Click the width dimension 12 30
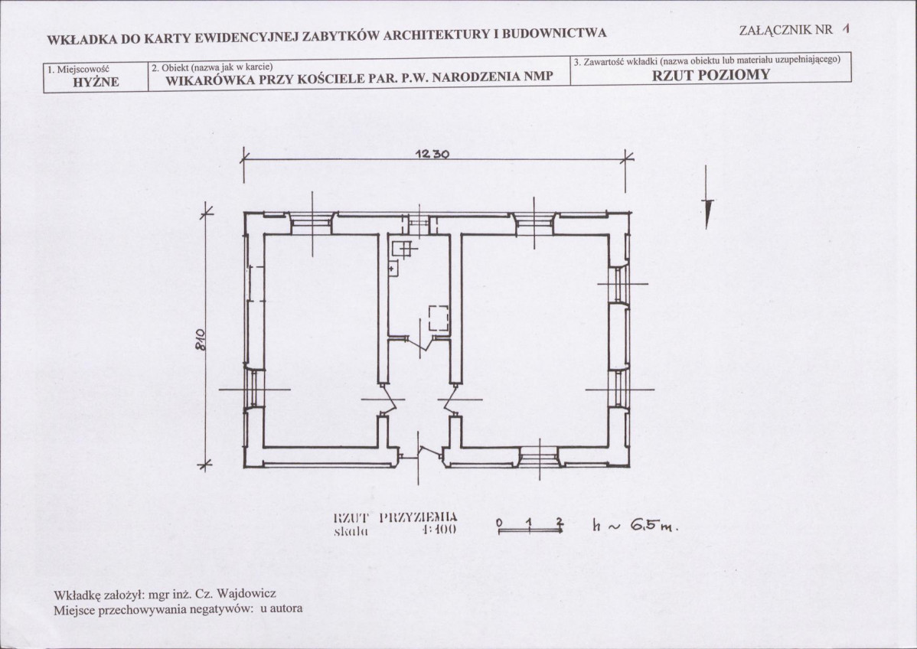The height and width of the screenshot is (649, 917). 431,153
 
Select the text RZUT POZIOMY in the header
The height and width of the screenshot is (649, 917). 710,75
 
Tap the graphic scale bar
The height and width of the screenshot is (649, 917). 530,527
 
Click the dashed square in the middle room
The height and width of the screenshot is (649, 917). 438,318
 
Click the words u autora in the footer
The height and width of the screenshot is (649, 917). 281,610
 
